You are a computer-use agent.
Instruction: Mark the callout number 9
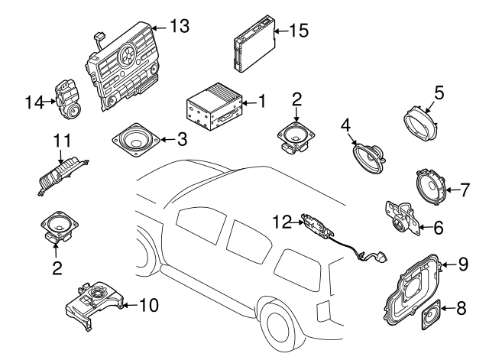[x=462, y=264]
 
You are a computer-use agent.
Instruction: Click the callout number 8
[x=461, y=310]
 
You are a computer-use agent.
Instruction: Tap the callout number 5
[x=439, y=93]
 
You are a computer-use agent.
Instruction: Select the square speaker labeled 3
[x=137, y=141]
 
